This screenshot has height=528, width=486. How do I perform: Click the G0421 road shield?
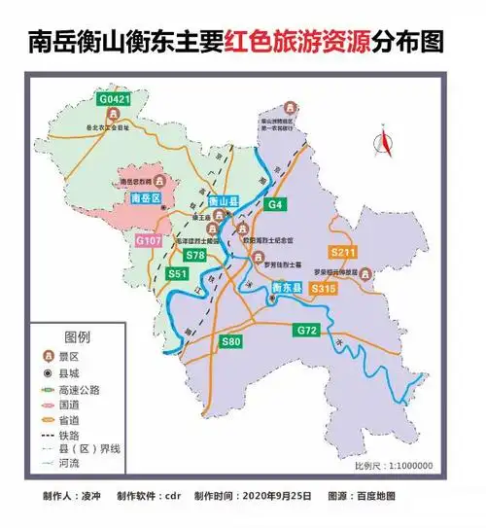tap(113, 98)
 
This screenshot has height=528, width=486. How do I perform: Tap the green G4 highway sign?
tap(275, 205)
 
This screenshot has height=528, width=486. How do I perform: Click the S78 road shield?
tap(194, 255)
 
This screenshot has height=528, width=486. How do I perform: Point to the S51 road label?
tap(177, 275)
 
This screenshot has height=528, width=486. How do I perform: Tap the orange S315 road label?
tap(324, 289)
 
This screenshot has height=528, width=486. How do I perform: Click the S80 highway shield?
tap(230, 341)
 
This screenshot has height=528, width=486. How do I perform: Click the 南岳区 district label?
tap(144, 198)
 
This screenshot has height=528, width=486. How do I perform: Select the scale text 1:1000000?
tap(409, 466)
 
